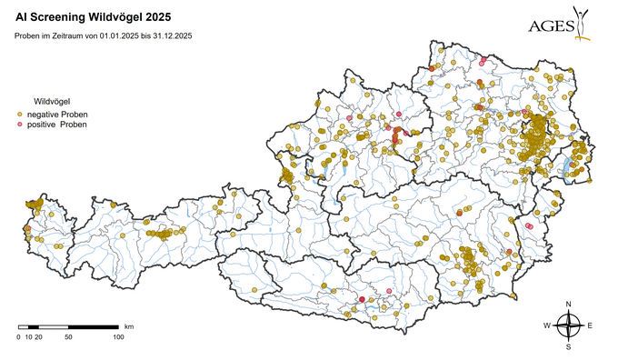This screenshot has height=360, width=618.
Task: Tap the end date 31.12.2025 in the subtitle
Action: (169, 35)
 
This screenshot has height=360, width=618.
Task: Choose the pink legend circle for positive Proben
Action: (21, 125)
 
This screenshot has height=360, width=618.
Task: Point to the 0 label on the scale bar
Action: (19, 337)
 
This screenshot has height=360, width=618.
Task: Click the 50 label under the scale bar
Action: (68, 337)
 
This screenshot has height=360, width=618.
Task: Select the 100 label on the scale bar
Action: (118, 337)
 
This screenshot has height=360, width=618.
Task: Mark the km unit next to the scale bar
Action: (129, 325)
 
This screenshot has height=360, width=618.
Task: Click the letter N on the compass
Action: (568, 304)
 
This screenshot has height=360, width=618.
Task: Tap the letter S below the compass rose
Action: (568, 346)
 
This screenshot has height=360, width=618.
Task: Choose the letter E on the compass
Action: (590, 325)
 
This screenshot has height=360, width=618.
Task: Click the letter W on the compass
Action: (547, 325)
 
